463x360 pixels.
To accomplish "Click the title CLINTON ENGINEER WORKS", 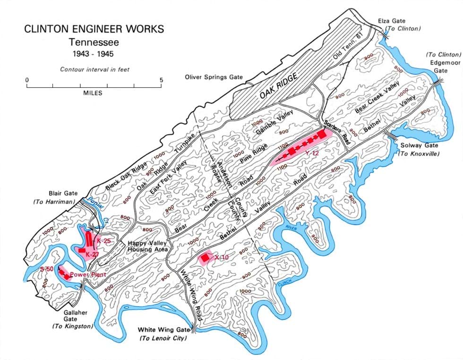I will (x=94, y=29).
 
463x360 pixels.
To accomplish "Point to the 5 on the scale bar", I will (x=161, y=80).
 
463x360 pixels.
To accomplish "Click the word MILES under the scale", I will (x=93, y=93).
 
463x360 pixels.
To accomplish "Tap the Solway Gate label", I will (x=418, y=146).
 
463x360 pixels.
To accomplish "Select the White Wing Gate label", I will (x=163, y=330).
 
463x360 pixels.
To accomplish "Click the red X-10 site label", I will (x=222, y=257).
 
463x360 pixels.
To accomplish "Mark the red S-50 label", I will (x=47, y=269).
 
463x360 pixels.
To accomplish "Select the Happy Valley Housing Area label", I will (x=146, y=246).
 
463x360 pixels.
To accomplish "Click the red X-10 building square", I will (x=205, y=258).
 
